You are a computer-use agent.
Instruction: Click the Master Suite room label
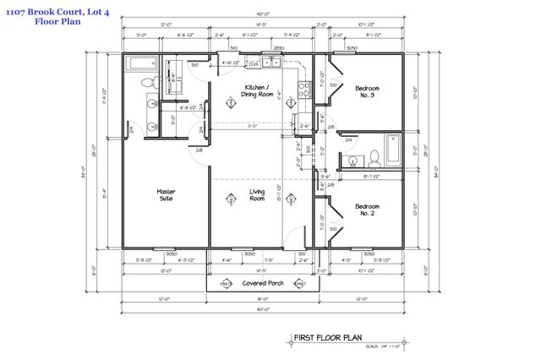pos(166,194)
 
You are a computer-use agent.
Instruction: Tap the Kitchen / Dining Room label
pos(257,91)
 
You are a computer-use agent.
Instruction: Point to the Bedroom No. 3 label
pos(367,91)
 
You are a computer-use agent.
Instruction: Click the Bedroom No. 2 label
pos(367,210)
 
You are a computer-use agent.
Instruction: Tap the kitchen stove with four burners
pos(299,81)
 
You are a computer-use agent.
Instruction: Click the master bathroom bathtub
pos(139,64)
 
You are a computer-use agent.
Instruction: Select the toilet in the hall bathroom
pos(374,157)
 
